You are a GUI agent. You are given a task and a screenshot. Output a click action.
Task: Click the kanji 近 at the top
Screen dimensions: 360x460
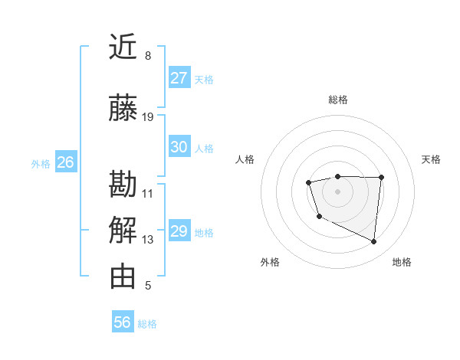123,47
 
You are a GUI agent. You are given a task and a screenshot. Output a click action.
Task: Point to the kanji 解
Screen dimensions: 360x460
123,231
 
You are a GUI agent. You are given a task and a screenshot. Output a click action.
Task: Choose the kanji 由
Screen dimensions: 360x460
123,277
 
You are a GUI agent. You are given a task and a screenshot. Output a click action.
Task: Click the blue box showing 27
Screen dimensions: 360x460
179,78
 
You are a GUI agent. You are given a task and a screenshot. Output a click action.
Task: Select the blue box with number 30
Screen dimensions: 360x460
179,147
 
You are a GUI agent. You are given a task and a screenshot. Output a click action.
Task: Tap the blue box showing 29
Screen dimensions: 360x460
179,231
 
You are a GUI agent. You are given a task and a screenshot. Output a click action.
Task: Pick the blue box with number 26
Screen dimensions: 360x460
66,162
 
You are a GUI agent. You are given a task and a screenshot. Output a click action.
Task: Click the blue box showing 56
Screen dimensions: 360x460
123,322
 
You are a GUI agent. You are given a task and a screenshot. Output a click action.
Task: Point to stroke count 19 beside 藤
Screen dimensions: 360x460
148,117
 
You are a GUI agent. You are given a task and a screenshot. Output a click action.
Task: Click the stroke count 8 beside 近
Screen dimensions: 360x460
148,56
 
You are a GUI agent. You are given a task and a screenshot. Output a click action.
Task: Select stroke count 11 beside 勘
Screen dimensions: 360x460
148,193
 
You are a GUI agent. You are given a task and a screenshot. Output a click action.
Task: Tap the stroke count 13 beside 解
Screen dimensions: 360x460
148,240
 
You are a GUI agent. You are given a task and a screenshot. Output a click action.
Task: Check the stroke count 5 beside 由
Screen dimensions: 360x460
148,286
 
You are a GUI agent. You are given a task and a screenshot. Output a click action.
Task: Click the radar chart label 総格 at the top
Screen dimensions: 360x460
337,100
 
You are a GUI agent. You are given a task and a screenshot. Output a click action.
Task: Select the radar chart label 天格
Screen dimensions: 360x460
431,159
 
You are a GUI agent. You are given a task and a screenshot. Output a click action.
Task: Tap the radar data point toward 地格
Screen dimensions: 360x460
374,242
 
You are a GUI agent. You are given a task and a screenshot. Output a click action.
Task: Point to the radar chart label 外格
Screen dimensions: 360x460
270,262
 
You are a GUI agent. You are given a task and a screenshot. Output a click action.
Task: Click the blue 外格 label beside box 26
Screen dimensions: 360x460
41,163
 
